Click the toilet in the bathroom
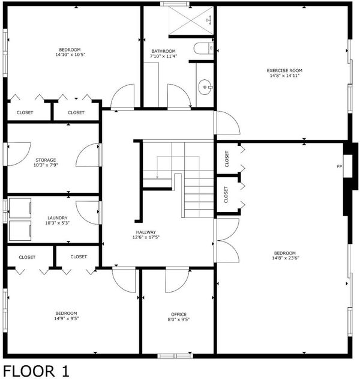click(x=203, y=48)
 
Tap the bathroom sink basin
click(x=205, y=86)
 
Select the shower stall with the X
click(x=191, y=20)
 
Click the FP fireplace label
click(x=339, y=166)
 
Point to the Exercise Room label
click(x=284, y=71)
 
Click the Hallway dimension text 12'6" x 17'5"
click(x=146, y=237)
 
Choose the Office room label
click(x=179, y=314)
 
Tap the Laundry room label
click(x=58, y=218)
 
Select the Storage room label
click(x=46, y=160)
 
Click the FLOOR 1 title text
click(x=36, y=371)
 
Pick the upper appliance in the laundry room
click(x=20, y=208)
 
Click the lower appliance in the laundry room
click(x=20, y=231)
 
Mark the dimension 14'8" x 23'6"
click(x=286, y=258)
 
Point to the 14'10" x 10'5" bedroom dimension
click(x=70, y=55)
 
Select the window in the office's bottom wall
click(x=175, y=356)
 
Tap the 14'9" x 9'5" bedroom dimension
click(x=67, y=318)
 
